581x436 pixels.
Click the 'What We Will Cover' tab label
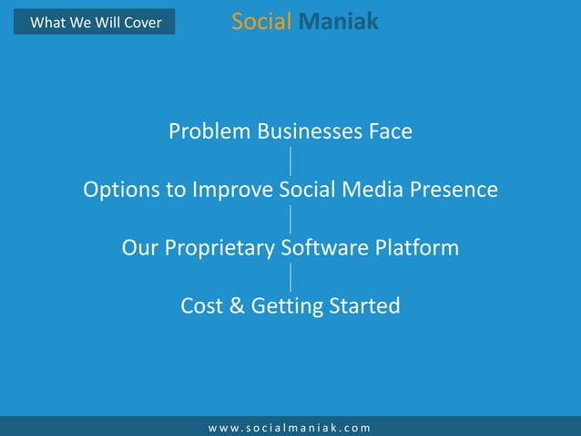pos(96,23)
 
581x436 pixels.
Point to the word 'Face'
pos(390,131)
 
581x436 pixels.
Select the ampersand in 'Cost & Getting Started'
pos(234,306)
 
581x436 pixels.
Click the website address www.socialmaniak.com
pos(290,427)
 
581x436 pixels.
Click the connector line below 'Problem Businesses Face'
pos(290,161)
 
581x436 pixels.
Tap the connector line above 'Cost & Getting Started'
pos(290,277)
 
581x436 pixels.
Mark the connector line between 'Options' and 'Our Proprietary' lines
pos(290,219)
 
